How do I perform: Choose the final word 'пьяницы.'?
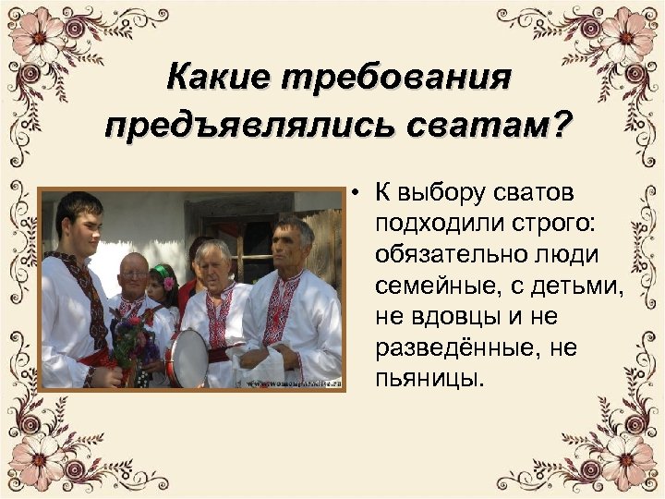(x=429, y=379)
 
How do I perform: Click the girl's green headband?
(x=160, y=272)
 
